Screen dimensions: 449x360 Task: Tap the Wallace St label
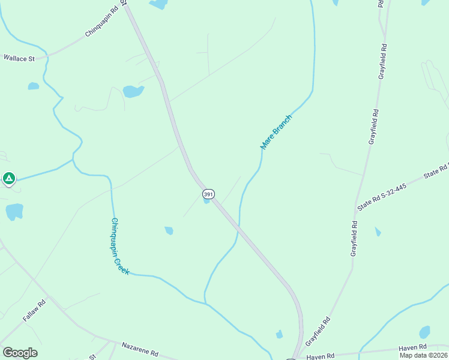[19, 58]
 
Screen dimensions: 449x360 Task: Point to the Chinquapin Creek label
[119, 246]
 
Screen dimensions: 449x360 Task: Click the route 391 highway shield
[208, 194]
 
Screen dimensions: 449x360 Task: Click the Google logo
[20, 353]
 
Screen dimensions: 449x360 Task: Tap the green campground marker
[8, 178]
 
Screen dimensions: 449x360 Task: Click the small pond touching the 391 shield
[206, 202]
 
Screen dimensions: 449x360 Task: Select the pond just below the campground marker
[14, 212]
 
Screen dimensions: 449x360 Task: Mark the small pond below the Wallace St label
[33, 86]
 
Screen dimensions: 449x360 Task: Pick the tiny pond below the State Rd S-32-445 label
[378, 232]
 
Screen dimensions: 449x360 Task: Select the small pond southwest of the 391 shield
[169, 230]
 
